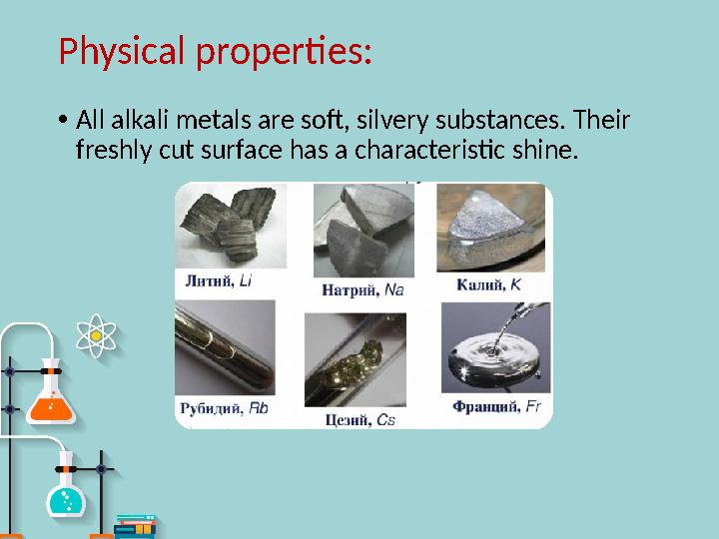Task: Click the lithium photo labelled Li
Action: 231,228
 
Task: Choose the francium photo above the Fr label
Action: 495,348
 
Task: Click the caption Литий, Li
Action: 218,282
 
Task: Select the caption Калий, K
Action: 488,285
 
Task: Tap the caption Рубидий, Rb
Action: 224,407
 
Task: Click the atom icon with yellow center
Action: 97,336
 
